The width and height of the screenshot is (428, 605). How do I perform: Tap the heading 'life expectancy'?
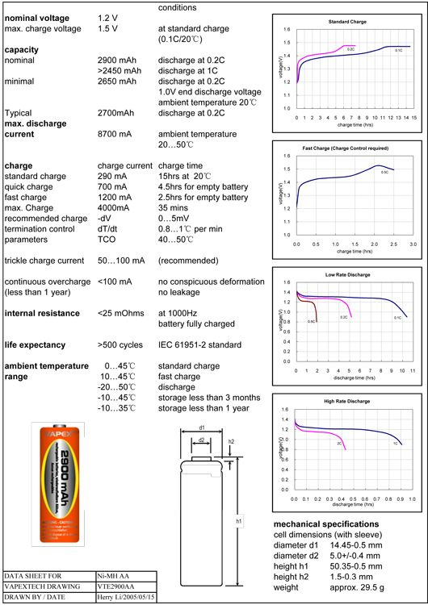pyautogui.click(x=40, y=344)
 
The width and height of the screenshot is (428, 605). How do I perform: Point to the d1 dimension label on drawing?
pyautogui.click(x=202, y=427)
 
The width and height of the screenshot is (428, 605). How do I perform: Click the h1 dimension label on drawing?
pyautogui.click(x=239, y=522)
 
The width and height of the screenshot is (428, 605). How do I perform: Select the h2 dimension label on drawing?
pyautogui.click(x=231, y=442)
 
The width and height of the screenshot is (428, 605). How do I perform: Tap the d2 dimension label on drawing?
pyautogui.click(x=202, y=440)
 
